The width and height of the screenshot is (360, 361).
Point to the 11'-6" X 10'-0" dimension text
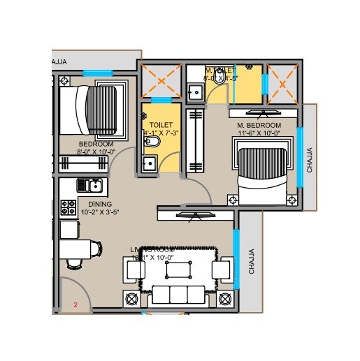[x=259, y=133]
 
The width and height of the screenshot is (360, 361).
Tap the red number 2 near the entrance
[x=75, y=304]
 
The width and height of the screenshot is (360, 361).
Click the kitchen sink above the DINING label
[x=91, y=186]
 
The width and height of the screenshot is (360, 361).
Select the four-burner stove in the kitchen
[x=69, y=207]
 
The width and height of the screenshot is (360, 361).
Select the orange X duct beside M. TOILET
[x=282, y=82]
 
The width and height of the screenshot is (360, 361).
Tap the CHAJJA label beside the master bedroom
[x=310, y=160]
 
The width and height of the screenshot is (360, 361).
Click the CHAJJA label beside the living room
[x=252, y=261]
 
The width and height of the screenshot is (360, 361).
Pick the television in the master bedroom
[x=263, y=112]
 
